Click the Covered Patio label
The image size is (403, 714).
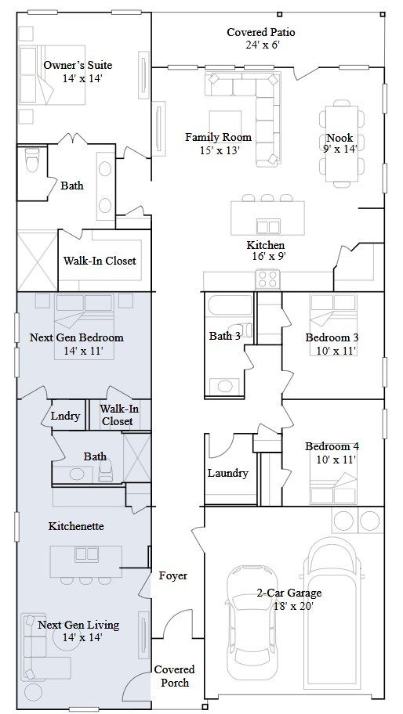click(x=261, y=32)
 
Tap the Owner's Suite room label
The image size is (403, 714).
click(x=78, y=65)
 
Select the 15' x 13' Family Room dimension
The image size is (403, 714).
click(x=220, y=150)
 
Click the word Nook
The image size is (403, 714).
click(x=339, y=138)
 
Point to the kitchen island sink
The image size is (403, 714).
click(x=267, y=225)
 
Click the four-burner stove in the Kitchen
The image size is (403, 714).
click(x=267, y=279)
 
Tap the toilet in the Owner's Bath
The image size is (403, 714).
click(x=32, y=160)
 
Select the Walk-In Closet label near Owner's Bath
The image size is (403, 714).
click(x=100, y=261)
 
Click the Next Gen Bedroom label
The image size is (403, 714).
click(x=77, y=337)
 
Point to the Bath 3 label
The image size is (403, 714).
click(x=225, y=336)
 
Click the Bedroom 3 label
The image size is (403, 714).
click(x=332, y=337)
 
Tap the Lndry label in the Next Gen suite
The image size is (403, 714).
click(x=65, y=415)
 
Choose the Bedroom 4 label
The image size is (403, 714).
click(x=332, y=446)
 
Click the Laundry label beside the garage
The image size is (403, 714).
click(x=228, y=473)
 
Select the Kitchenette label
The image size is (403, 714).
click(x=76, y=526)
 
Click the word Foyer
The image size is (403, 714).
click(x=173, y=575)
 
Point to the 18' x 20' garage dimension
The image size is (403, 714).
click(x=293, y=606)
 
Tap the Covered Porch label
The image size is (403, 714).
click(x=175, y=676)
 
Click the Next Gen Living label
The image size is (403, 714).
click(x=78, y=625)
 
